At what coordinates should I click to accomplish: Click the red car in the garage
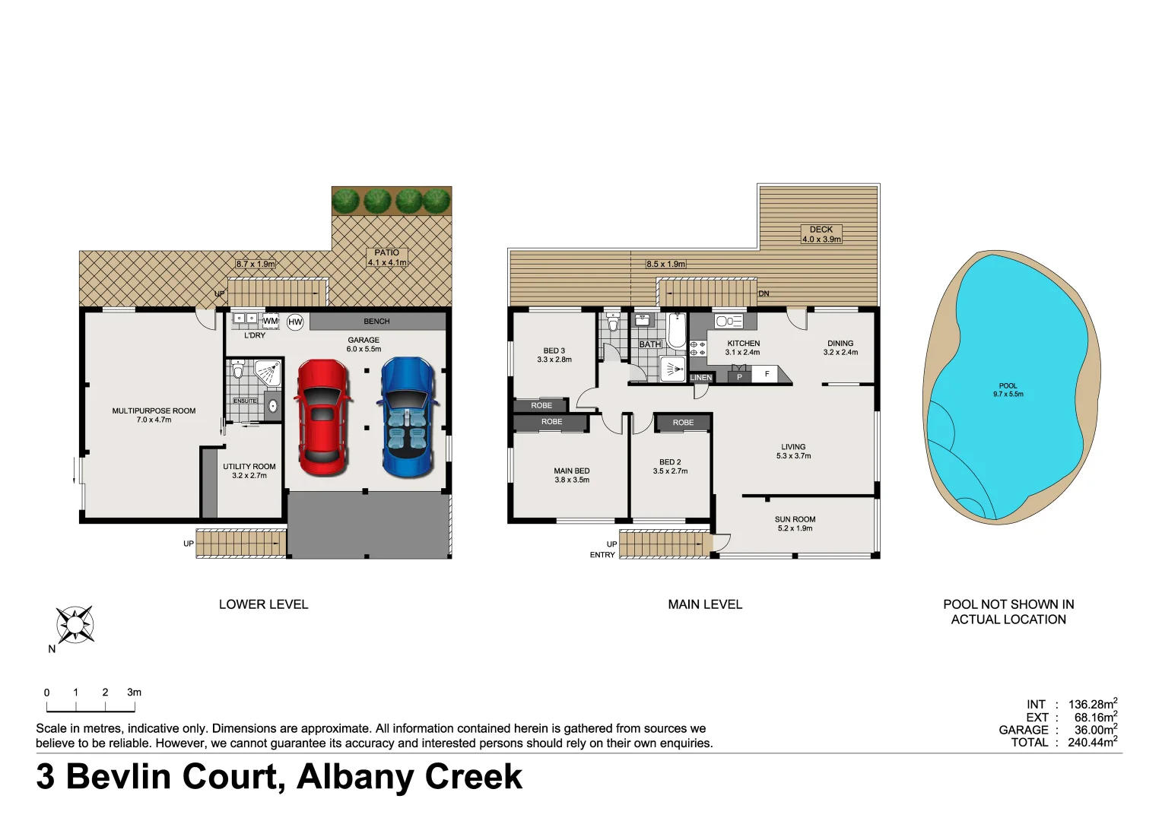click(322, 417)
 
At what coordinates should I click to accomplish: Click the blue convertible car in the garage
click(408, 417)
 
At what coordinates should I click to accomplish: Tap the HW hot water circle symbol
click(295, 322)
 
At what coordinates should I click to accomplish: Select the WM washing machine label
click(271, 321)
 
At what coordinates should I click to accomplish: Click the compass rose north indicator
click(75, 626)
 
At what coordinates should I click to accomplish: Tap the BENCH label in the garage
click(376, 322)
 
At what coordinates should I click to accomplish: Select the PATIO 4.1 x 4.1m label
click(387, 258)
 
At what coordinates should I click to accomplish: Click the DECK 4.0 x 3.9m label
click(821, 234)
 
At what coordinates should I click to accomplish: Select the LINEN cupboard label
click(700, 378)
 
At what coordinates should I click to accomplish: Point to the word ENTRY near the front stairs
click(602, 555)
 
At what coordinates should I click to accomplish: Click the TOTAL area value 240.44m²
click(1092, 743)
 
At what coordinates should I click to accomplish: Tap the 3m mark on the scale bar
click(134, 693)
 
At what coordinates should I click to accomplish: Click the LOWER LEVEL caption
click(263, 604)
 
